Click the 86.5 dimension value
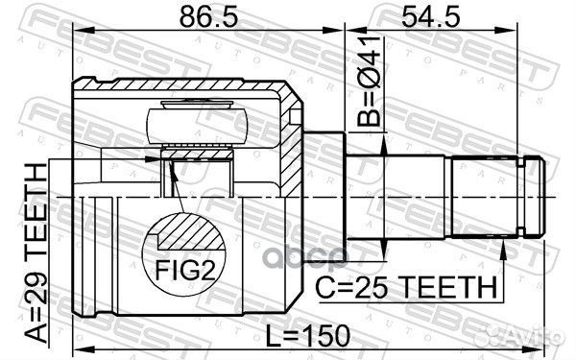(x=208, y=17)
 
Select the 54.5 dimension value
(x=430, y=17)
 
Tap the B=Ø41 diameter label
(x=369, y=81)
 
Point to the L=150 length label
(x=308, y=336)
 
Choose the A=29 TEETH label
(x=36, y=253)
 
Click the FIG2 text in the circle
(x=184, y=270)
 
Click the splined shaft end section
(x=485, y=197)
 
